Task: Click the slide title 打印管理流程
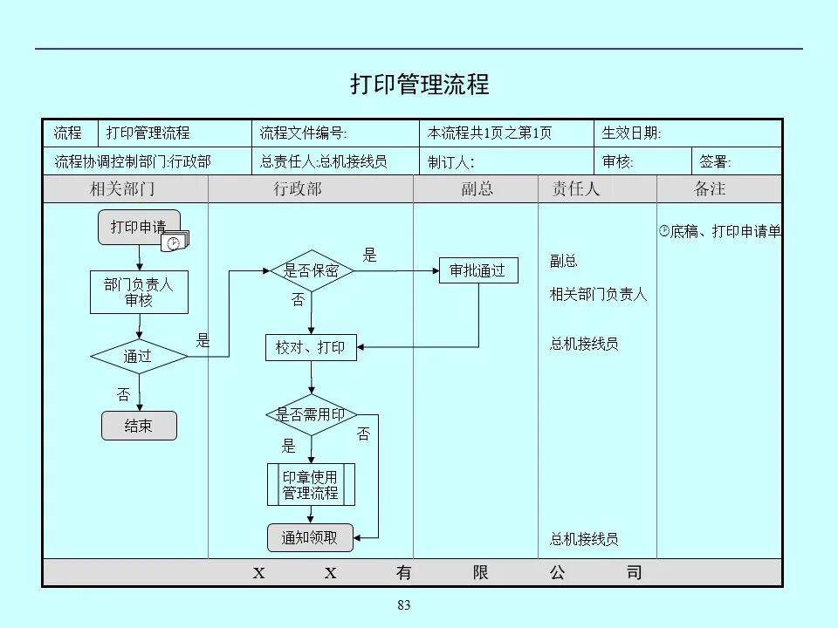(420, 85)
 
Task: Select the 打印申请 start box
(137, 227)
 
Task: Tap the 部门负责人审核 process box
(139, 292)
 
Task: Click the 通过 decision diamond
(139, 356)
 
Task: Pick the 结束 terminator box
(139, 426)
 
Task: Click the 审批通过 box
(477, 270)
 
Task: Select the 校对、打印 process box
(311, 348)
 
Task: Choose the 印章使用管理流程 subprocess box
(311, 485)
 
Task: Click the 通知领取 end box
(310, 538)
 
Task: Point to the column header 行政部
(298, 189)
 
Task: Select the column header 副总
(477, 189)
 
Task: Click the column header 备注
(710, 189)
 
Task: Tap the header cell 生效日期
(632, 133)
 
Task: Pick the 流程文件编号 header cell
(304, 133)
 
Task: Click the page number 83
(403, 606)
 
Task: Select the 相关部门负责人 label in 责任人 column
(598, 295)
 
